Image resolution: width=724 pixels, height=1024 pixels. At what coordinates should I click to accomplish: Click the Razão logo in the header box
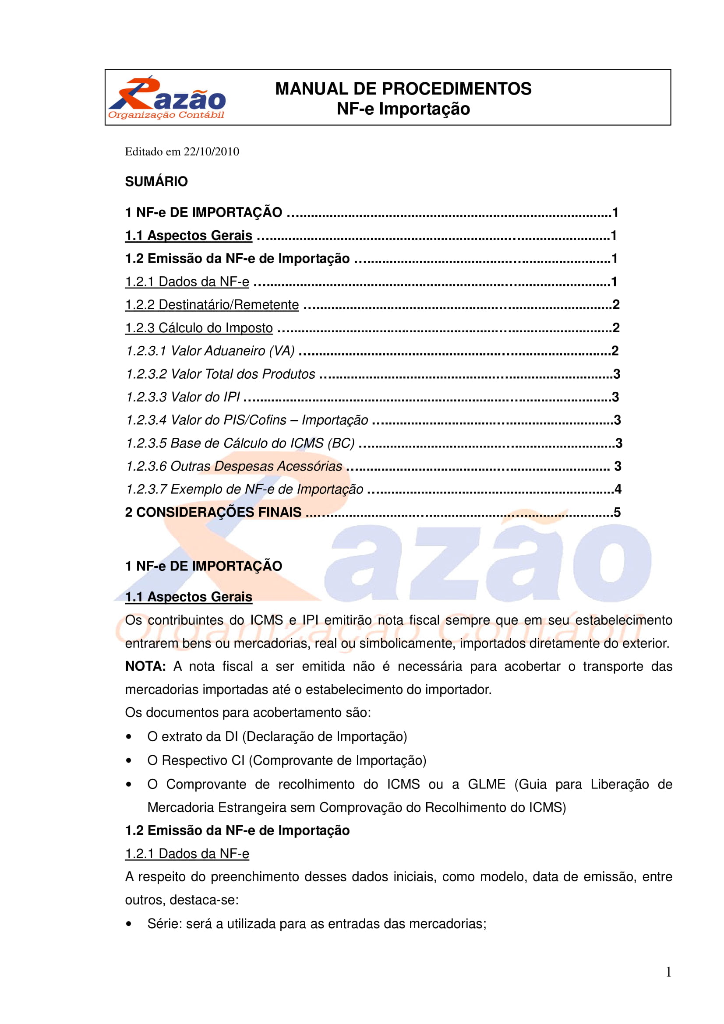click(166, 98)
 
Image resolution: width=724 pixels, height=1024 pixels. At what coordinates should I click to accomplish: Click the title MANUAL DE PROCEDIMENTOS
click(403, 89)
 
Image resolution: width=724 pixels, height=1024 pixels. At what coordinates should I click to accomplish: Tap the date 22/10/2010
click(212, 151)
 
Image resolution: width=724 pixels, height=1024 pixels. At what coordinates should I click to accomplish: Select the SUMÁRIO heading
click(156, 182)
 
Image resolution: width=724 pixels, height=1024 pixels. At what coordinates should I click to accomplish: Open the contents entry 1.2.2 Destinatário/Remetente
click(212, 305)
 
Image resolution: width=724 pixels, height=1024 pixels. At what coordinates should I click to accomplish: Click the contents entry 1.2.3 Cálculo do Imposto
click(199, 328)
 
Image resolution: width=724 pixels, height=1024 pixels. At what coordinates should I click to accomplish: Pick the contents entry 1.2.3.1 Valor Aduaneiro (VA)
click(210, 351)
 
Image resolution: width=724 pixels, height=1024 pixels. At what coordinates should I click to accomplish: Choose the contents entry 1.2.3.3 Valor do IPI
click(183, 397)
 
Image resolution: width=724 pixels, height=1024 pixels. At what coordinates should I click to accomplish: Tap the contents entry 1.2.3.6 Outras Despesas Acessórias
click(234, 466)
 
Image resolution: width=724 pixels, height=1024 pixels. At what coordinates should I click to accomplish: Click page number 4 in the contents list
click(618, 489)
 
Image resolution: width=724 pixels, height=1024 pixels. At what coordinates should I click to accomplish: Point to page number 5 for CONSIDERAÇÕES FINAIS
click(618, 513)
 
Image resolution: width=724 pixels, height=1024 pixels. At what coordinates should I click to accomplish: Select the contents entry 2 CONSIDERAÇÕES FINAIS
click(213, 513)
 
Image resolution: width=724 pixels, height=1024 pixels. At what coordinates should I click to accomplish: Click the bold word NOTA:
click(145, 666)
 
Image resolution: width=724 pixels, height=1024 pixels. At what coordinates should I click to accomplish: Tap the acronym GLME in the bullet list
click(486, 784)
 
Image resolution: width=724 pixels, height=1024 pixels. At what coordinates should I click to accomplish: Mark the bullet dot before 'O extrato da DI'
click(129, 737)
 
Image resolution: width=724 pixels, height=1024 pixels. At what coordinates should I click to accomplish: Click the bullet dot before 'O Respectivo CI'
click(129, 760)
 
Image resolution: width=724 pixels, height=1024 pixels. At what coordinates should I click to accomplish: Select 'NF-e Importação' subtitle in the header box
click(403, 109)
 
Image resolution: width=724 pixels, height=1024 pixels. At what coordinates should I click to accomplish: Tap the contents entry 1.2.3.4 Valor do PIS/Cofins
click(247, 420)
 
